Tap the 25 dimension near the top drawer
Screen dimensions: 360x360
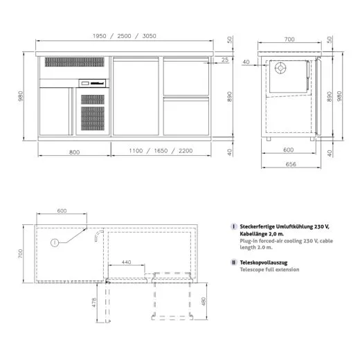[x=225, y=61]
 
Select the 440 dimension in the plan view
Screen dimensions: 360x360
[x=127, y=263]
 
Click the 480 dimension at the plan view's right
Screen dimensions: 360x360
[x=201, y=302]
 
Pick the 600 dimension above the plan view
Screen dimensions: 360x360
[x=61, y=210]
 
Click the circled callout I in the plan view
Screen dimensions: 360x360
[x=54, y=242]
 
